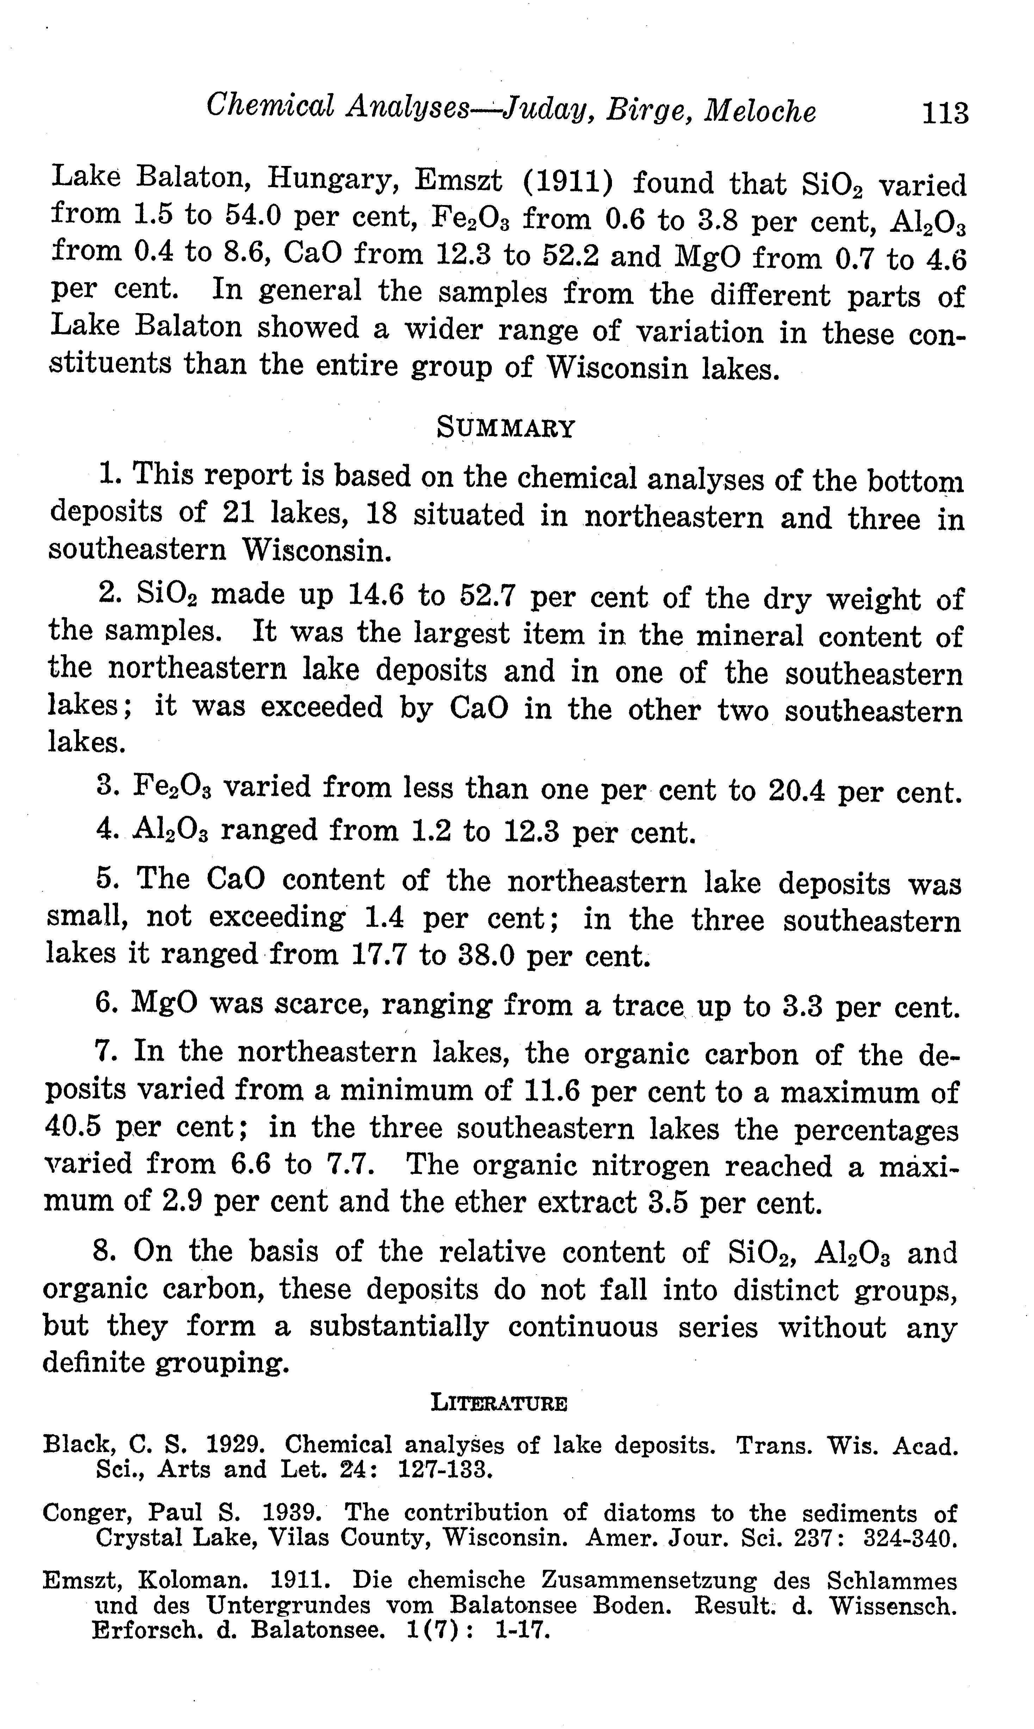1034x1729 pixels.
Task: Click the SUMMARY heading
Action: (x=506, y=428)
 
